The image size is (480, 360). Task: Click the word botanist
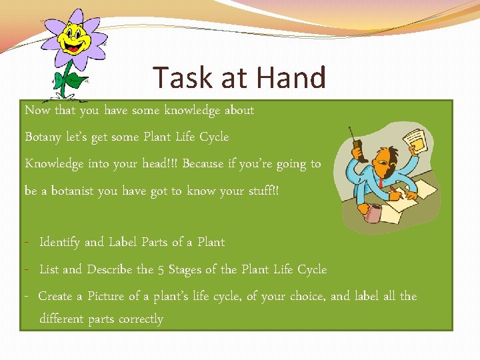pyautogui.click(x=71, y=191)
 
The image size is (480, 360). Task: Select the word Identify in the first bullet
pyautogui.click(x=60, y=242)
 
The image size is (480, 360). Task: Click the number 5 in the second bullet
pyautogui.click(x=161, y=269)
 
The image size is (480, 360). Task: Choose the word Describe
pyautogui.click(x=109, y=269)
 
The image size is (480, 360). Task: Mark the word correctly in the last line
pyautogui.click(x=141, y=319)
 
